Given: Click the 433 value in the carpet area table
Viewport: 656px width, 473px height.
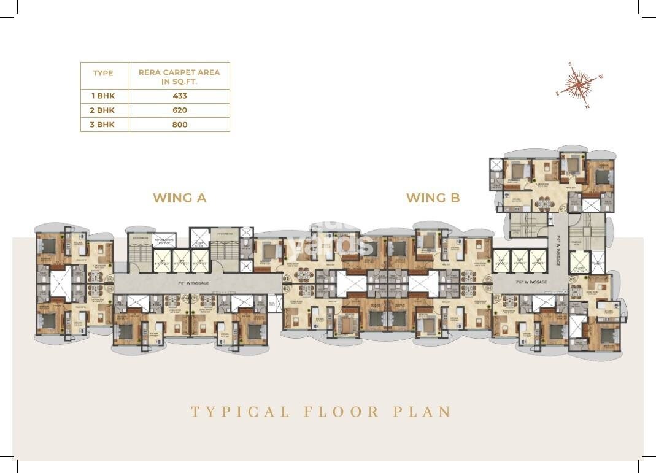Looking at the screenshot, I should coord(179,96).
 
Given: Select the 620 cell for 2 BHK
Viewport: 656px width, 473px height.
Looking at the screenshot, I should coord(179,110).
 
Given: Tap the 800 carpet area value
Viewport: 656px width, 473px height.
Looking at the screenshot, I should coord(179,125).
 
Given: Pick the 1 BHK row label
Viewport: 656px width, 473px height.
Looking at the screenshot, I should coord(104,96).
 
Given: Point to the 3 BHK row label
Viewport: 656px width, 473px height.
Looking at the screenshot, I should coord(104,125).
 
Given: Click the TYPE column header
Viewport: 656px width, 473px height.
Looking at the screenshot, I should coord(103,73).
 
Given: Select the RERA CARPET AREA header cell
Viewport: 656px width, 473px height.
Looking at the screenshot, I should coord(179,76).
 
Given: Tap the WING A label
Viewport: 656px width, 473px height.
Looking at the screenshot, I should coord(179,198).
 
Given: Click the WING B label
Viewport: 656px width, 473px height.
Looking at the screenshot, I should coord(433,198).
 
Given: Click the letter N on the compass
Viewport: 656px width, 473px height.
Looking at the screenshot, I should coord(587,106).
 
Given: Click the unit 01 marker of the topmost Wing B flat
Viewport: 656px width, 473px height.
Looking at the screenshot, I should coord(563,209).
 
